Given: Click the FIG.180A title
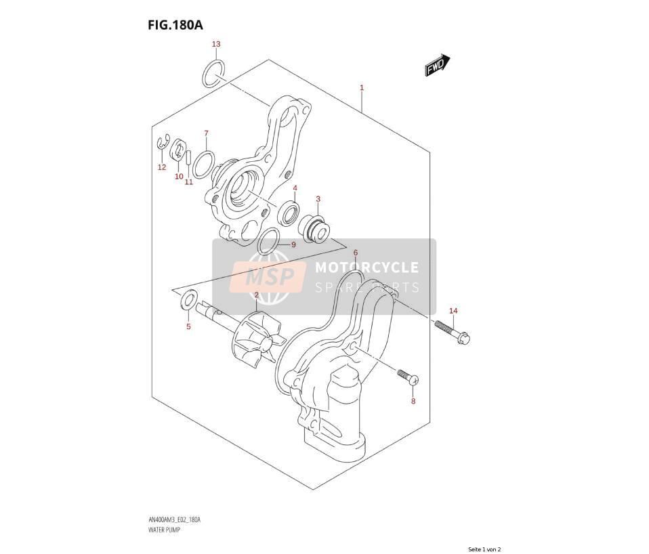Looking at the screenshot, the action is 175,25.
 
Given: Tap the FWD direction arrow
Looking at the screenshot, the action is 437,65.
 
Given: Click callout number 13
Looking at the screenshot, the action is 216,44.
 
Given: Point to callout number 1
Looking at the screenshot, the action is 362,88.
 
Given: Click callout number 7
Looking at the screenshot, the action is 206,133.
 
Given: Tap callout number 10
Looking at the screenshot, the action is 179,177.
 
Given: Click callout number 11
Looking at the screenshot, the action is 189,182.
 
